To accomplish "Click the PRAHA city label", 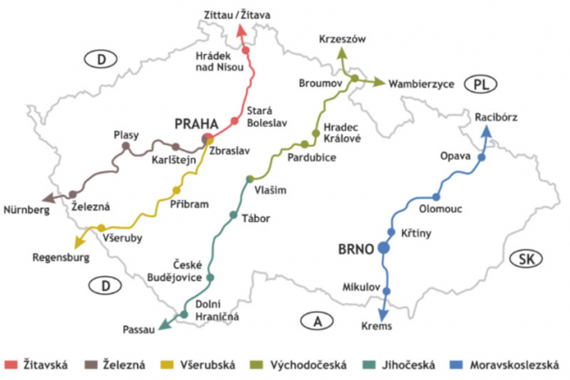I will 196,124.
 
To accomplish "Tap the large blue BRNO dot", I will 383,248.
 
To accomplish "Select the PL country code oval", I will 482,84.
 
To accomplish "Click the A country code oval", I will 316,321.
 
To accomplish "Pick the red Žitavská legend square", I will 11,365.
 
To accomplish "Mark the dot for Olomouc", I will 437,197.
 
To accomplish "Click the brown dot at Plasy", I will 126,146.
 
